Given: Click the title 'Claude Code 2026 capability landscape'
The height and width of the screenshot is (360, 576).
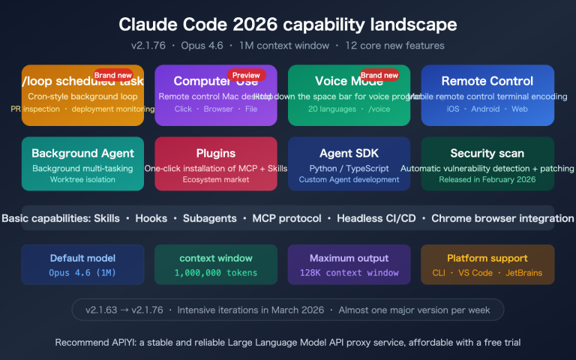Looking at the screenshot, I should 288,24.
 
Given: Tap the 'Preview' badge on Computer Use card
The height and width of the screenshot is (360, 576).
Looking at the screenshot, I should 246,75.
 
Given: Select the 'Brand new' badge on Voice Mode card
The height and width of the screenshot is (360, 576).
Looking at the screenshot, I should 379,75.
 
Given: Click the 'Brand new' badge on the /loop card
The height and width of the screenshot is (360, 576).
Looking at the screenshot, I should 112,75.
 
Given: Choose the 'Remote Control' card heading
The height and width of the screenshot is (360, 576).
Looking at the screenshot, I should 487,81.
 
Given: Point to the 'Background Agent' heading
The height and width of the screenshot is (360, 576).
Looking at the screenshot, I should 72,153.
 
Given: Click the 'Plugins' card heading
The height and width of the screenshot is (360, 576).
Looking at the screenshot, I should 205,153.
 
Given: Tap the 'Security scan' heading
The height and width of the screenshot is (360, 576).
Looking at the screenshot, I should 487,153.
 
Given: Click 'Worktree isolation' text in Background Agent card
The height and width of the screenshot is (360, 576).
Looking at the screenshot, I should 72,179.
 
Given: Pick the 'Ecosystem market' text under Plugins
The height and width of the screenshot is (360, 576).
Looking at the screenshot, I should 205,179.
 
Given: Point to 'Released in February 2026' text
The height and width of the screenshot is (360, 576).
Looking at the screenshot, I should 487,179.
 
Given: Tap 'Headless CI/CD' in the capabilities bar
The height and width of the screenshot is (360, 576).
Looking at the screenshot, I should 376,218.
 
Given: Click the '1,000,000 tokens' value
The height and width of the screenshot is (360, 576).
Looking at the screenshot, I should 216,273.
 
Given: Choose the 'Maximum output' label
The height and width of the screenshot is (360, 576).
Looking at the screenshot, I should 349,258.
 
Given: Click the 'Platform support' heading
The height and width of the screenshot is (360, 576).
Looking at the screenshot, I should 487,258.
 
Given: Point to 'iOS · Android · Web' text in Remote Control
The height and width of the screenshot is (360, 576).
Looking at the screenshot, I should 487,109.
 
